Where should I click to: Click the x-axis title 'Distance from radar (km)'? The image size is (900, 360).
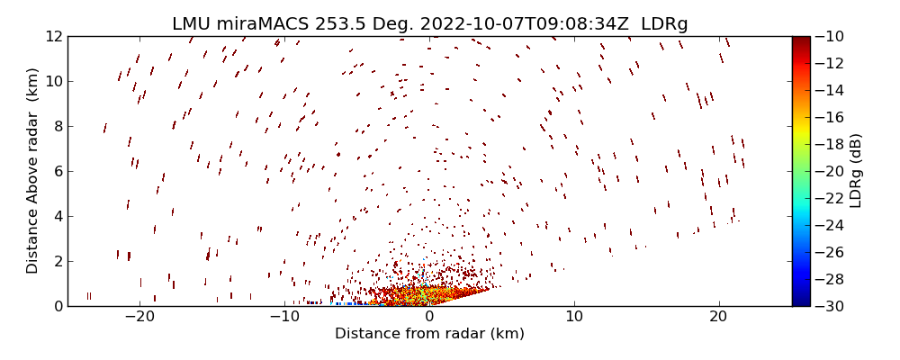tap(429, 334)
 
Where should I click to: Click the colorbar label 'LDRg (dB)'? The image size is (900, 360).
tap(856, 171)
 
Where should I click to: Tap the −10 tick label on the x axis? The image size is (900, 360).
tap(283, 317)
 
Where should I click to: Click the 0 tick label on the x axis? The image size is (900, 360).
tap(429, 317)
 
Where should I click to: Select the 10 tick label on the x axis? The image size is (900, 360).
tap(574, 317)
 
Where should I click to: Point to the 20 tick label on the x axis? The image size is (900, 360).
tap(718, 317)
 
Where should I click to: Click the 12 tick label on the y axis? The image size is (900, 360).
tap(53, 36)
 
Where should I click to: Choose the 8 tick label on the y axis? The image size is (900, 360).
tap(57, 126)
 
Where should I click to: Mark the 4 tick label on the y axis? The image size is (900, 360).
tap(57, 216)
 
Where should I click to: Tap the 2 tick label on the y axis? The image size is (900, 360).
tap(57, 261)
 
